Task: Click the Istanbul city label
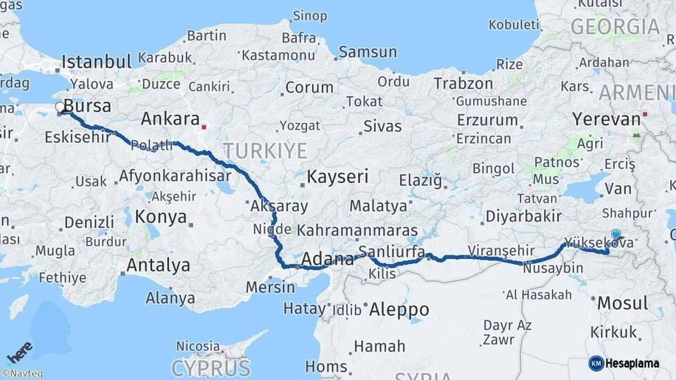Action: [x=97, y=61]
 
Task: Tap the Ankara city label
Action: [x=170, y=118]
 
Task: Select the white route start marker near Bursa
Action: [x=60, y=107]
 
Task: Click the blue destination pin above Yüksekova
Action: [x=616, y=235]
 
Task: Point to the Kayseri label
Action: [x=337, y=177]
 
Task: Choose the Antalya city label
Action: [x=158, y=265]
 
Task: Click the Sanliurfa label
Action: [x=392, y=252]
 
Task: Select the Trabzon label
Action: [x=463, y=83]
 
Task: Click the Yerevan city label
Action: [x=606, y=118]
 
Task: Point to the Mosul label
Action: [x=622, y=304]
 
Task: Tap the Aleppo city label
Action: [x=399, y=309]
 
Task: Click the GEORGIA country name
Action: [x=615, y=27]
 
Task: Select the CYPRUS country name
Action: [x=211, y=368]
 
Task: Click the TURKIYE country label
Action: [x=265, y=150]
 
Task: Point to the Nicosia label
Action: [x=198, y=346]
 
